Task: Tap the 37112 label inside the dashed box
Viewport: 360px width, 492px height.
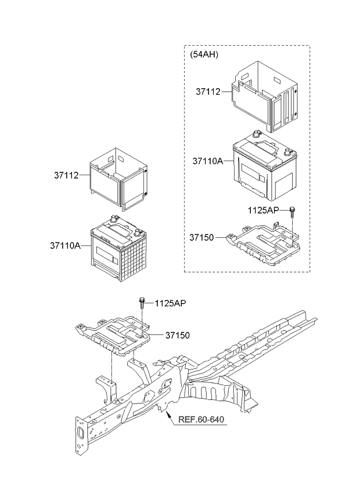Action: pyautogui.click(x=208, y=92)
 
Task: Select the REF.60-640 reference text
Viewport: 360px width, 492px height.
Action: pyautogui.click(x=200, y=420)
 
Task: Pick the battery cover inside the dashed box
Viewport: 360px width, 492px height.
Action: pyautogui.click(x=267, y=96)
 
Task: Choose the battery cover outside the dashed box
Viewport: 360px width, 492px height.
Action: pyautogui.click(x=120, y=177)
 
